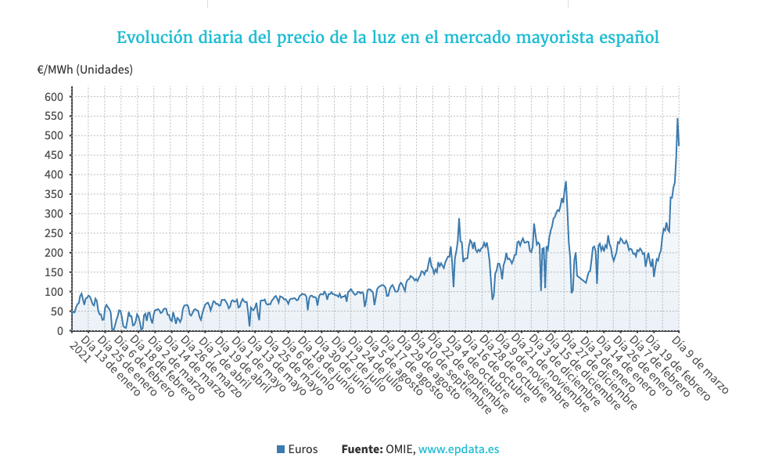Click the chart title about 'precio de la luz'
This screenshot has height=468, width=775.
(387, 38)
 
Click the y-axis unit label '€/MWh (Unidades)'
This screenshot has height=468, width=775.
(85, 70)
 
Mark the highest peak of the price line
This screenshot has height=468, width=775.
(677, 118)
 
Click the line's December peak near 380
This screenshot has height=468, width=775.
(565, 182)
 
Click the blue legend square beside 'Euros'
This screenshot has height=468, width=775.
(282, 449)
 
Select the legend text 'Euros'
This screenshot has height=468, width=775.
(303, 449)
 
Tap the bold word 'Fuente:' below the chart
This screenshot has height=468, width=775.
(361, 449)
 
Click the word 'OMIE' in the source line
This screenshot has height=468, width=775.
(399, 449)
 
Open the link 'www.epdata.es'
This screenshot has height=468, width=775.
(459, 449)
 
